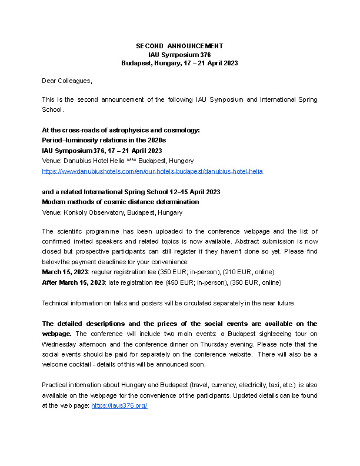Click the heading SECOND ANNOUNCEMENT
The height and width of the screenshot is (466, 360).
coord(179,46)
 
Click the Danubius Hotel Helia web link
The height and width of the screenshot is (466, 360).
coord(152,171)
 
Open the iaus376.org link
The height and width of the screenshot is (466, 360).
coord(119,406)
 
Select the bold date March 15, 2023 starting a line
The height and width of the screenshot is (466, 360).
coord(64,272)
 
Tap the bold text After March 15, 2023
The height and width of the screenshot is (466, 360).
coord(74,282)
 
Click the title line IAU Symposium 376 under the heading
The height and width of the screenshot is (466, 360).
coord(179,54)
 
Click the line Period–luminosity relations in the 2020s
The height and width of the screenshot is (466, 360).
coord(104,140)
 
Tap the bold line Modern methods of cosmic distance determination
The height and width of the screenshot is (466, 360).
coord(120,202)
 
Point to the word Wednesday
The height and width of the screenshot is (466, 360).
coord(58,345)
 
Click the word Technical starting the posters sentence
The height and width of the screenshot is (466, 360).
coord(56,303)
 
